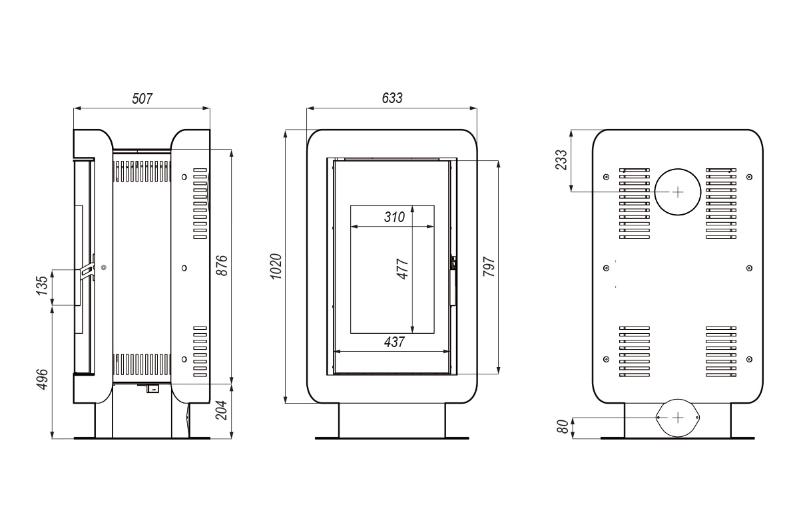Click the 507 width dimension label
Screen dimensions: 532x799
142,98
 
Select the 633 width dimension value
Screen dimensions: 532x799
392,98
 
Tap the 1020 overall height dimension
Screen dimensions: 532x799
277,266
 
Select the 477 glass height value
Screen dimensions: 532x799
402,267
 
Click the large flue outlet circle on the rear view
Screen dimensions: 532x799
677,192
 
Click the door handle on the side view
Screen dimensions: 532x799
87,271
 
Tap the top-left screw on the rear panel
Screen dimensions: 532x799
606,177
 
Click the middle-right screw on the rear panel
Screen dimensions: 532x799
750,268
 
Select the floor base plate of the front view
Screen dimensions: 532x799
392,438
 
